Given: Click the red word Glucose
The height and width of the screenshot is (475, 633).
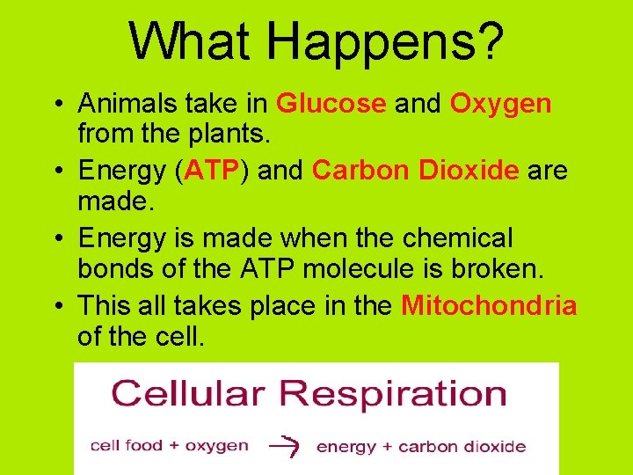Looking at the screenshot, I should tap(331, 104).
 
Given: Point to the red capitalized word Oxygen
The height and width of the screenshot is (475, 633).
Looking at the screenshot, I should tap(501, 104).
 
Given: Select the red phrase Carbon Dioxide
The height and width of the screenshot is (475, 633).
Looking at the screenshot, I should tap(415, 171).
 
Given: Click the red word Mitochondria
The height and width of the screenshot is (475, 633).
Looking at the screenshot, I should tap(489, 305).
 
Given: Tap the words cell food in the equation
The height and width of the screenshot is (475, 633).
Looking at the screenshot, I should tap(126, 445).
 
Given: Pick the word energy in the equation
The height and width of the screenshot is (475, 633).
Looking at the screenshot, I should tap(346, 446).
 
